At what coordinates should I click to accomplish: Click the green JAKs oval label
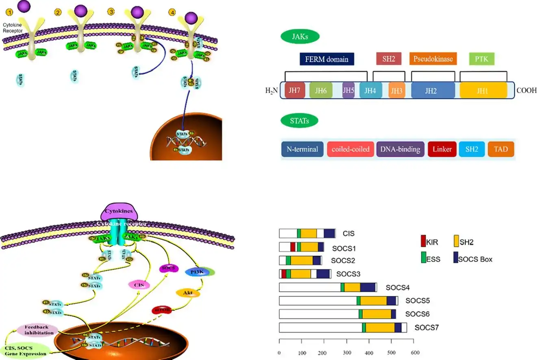point(300,37)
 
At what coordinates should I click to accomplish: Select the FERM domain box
point(327,59)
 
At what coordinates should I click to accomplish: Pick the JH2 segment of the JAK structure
point(433,91)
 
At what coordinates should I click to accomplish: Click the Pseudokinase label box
point(433,59)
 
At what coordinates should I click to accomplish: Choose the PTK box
point(482,59)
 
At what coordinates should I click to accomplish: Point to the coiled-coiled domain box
point(350,149)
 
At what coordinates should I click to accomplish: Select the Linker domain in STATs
point(442,149)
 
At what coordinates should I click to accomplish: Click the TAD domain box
point(501,149)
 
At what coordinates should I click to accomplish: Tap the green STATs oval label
point(299,121)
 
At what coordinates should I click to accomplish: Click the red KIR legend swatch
point(423,242)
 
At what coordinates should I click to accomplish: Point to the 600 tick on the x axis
point(413,353)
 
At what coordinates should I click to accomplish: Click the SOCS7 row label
point(426,327)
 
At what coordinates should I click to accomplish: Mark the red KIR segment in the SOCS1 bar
point(293,247)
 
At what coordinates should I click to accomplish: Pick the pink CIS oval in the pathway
point(139,285)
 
